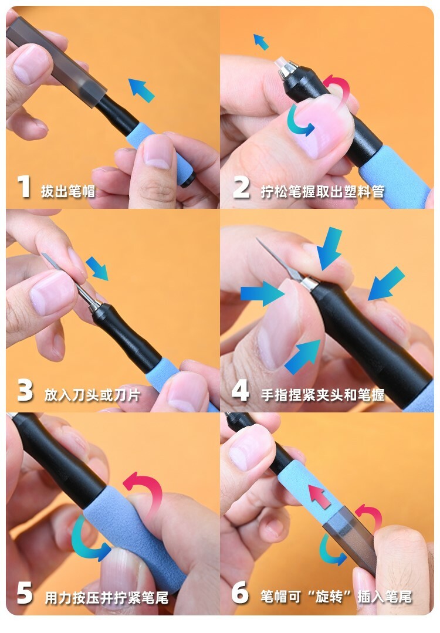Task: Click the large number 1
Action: (x=25, y=187)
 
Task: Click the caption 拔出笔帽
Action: (x=68, y=191)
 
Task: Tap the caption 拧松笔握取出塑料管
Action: (x=323, y=191)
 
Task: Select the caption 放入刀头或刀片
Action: (x=93, y=395)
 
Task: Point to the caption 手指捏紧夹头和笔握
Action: (x=323, y=395)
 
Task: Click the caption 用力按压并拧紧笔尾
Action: (x=106, y=597)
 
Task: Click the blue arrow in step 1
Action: (x=141, y=90)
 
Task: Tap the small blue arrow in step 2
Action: (x=260, y=42)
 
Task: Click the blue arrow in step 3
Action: (x=97, y=268)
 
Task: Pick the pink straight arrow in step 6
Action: (x=319, y=496)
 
